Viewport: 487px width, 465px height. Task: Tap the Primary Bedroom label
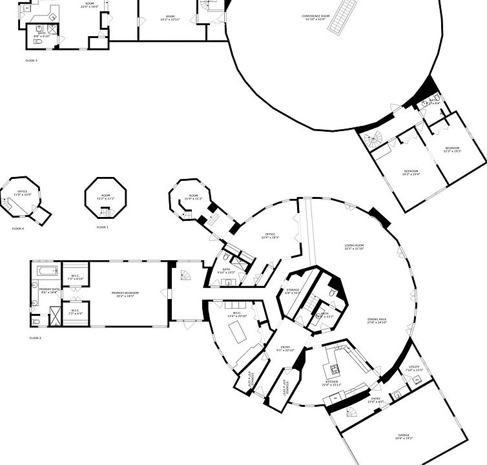[125, 294]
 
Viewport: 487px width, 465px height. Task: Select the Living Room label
[355, 247]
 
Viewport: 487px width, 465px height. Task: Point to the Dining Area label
[358, 320]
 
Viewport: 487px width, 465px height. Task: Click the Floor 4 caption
[17, 229]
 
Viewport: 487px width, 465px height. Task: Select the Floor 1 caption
[102, 227]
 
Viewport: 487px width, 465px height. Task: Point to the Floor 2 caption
[35, 338]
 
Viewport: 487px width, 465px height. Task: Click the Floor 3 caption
[32, 60]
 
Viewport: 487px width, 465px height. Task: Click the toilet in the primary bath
[36, 320]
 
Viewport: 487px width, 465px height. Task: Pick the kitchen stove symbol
[335, 369]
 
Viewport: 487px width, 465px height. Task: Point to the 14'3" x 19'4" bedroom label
[411, 172]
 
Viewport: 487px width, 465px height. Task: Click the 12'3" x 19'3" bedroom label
[451, 149]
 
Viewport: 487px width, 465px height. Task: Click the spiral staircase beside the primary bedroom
[185, 276]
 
